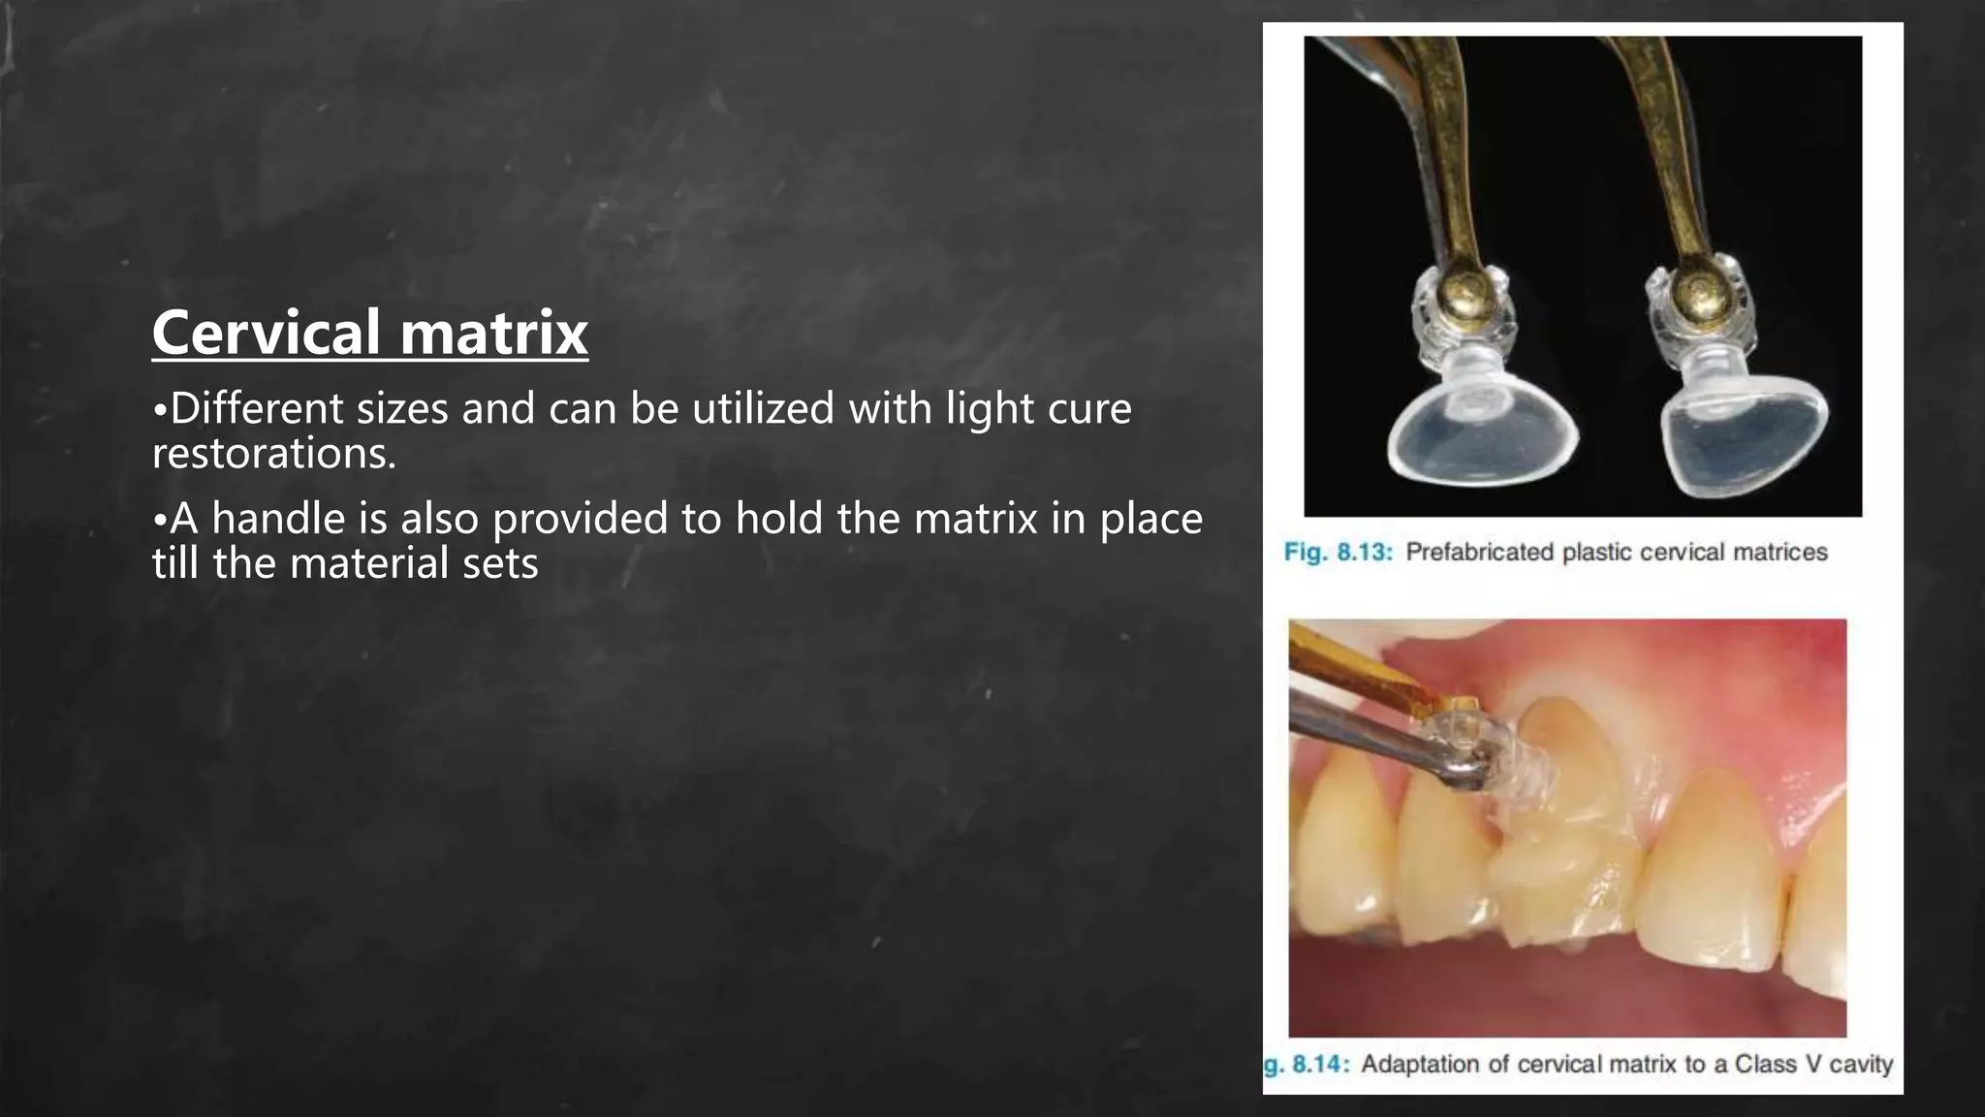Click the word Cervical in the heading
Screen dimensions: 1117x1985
(x=266, y=333)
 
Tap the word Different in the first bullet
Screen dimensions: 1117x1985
(x=260, y=408)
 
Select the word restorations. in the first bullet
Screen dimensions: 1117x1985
(x=274, y=453)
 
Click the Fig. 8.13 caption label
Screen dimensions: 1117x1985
(x=1338, y=553)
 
